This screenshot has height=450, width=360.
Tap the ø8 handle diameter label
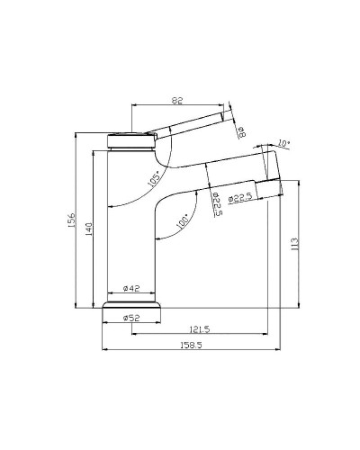click(x=242, y=133)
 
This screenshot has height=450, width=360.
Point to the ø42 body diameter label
click(x=131, y=288)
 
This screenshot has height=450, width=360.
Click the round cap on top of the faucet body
click(x=131, y=139)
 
